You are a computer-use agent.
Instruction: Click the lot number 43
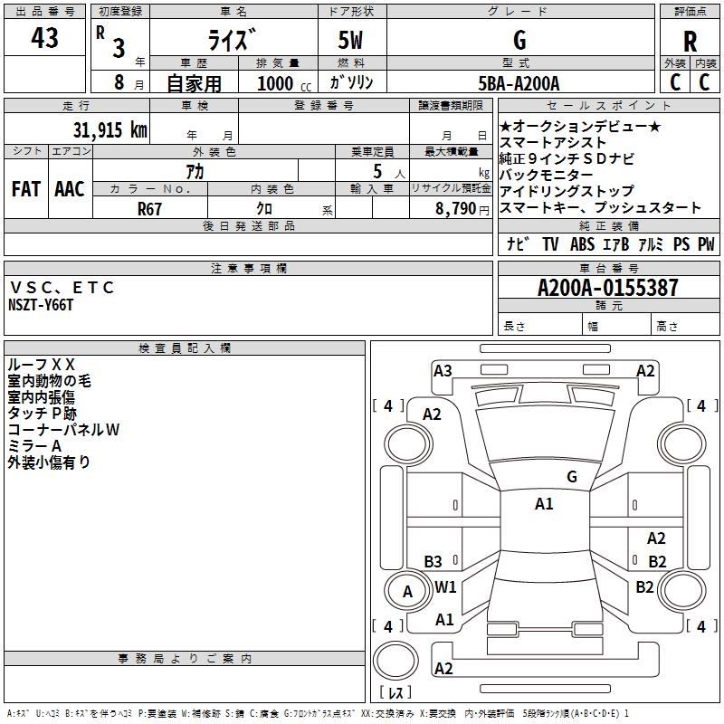(x=44, y=39)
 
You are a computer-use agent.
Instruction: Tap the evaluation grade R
(x=690, y=42)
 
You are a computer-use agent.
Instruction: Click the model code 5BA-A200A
(x=519, y=83)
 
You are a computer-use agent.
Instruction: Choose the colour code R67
(x=149, y=207)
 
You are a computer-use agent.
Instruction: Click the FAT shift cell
(x=26, y=189)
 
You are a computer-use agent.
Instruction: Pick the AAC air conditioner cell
(x=69, y=189)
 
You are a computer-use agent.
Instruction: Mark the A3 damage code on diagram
(x=443, y=370)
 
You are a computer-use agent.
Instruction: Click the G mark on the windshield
(x=571, y=476)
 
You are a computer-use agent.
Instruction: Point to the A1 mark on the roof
(x=544, y=504)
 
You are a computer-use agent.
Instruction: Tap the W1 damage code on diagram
(x=445, y=586)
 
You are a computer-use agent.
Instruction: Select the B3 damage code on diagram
(x=433, y=561)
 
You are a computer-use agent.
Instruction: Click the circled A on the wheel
(x=407, y=592)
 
